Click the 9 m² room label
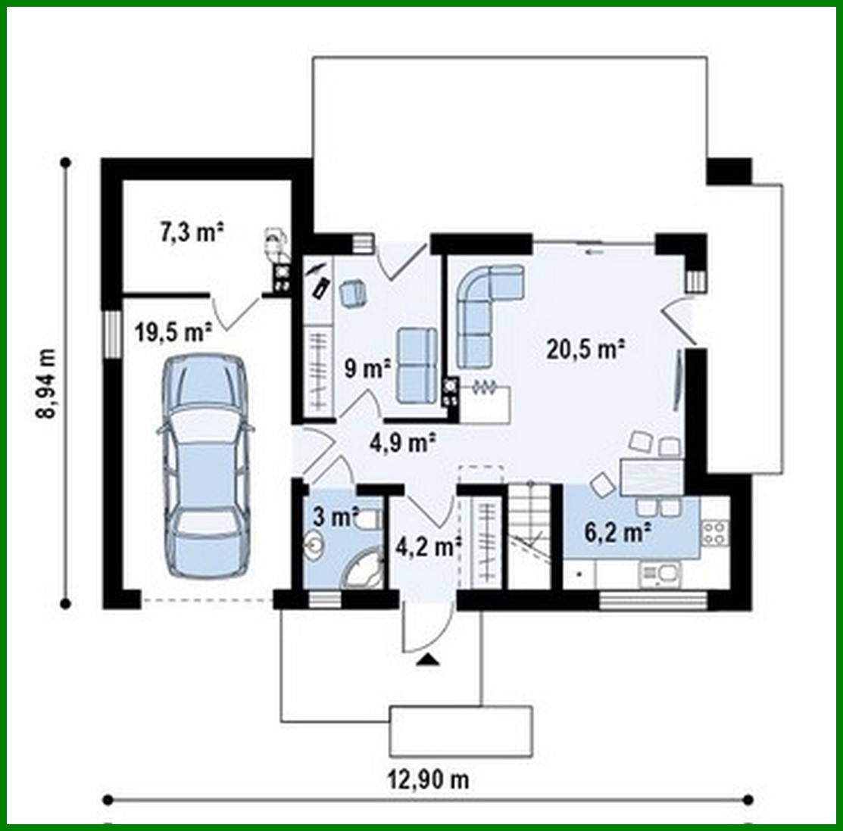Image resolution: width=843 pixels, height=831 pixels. (367, 369)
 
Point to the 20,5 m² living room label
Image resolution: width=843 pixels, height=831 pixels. (585, 349)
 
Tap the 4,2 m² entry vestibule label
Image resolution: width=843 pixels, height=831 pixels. (428, 545)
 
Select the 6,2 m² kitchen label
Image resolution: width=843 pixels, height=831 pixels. (618, 532)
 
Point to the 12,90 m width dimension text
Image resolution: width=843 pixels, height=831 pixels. (428, 779)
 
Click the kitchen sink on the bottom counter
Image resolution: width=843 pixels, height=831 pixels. (660, 575)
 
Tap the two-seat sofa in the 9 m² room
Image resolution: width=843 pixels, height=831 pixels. (417, 365)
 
